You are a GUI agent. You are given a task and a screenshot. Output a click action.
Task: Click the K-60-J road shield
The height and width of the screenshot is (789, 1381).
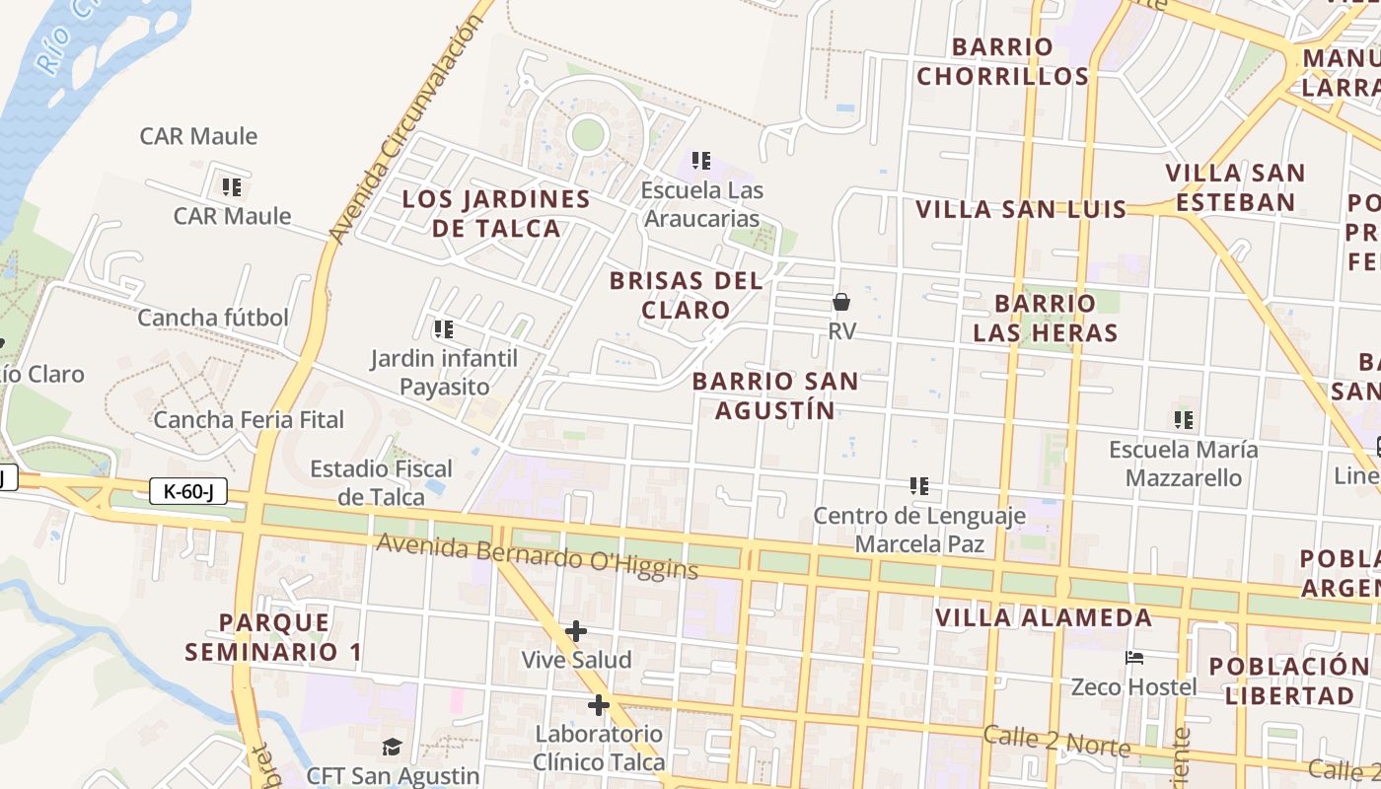pos(188,491)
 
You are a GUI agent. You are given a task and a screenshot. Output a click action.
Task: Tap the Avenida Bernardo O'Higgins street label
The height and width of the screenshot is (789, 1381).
pos(537,556)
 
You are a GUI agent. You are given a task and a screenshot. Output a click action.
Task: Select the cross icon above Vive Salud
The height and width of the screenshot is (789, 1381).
pos(576,631)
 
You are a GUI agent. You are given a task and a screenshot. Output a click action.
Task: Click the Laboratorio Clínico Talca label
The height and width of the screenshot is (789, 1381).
pos(599,748)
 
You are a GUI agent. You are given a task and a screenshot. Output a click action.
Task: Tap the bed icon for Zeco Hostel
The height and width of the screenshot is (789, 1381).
pos(1134,658)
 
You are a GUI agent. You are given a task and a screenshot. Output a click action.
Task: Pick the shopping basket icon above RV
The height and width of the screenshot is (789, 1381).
pos(841,302)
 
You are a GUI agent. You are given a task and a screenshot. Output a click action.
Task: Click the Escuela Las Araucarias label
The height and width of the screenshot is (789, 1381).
pos(701,204)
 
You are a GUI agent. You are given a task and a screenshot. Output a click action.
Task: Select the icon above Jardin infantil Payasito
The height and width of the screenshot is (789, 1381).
pos(443,328)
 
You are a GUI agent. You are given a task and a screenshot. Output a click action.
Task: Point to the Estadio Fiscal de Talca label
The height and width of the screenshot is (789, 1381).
pos(381,482)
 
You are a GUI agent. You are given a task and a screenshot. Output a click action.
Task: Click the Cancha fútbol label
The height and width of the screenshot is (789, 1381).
pos(213,318)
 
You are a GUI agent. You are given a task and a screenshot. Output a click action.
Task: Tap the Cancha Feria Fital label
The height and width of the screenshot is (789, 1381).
pos(249,420)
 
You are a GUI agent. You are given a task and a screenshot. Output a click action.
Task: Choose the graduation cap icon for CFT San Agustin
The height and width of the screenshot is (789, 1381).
pos(393,747)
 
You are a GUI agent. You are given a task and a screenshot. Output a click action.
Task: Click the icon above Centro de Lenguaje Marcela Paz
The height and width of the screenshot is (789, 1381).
pos(919,485)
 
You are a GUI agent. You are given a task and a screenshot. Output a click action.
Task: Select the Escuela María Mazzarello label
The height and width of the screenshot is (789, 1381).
pos(1184,464)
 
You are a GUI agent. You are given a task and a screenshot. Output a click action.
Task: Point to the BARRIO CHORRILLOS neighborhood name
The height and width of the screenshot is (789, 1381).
pos(1002,61)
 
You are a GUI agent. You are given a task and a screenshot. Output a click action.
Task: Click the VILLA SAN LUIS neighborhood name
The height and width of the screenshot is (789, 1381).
pos(1021,209)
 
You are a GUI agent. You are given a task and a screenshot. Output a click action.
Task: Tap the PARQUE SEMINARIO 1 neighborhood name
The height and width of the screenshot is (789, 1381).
pos(273,637)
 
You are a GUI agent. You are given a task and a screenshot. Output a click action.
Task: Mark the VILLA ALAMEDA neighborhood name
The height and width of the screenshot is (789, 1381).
pos(1044,618)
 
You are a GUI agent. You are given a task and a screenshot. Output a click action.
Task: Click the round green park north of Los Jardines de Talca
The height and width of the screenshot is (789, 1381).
pos(588,133)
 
